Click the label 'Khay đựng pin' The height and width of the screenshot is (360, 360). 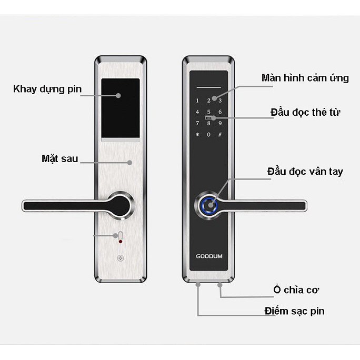[x=47, y=88]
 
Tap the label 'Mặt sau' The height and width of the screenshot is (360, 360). [x=59, y=158]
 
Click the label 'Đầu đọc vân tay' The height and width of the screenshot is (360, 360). [x=305, y=172]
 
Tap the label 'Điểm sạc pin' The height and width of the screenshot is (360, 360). [x=295, y=311]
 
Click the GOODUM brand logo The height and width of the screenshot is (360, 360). [x=209, y=256]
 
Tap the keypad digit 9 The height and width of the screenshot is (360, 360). [x=220, y=123]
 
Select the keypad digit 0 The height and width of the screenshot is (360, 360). [x=209, y=135]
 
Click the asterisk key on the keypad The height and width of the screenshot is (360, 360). [x=197, y=135]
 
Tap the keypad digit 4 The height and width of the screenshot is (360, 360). [x=197, y=112]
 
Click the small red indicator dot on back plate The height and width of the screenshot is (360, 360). [x=121, y=242]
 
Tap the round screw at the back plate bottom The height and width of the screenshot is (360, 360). [x=121, y=258]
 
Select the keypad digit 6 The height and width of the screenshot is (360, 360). [x=220, y=112]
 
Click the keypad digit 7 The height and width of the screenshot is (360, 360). [x=197, y=123]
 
